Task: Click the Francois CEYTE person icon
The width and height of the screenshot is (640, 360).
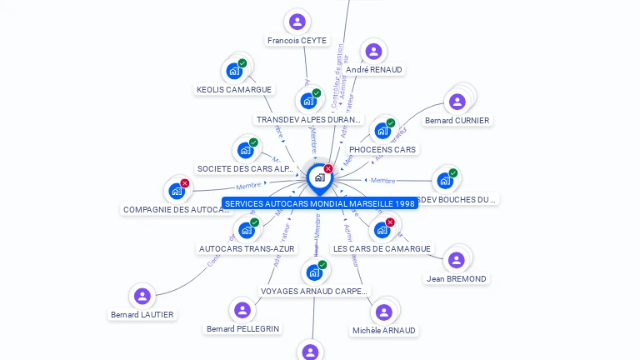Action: point(297,22)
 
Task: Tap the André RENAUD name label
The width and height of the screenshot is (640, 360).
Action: point(374,70)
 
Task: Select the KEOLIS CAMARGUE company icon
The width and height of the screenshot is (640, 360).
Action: point(234,72)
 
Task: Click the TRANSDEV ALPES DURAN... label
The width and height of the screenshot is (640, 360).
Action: point(309,120)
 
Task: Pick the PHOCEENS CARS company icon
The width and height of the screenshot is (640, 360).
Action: point(382,131)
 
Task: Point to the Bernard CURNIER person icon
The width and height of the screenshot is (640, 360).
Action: point(457,102)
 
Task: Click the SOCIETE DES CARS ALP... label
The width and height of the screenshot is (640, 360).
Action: point(245,168)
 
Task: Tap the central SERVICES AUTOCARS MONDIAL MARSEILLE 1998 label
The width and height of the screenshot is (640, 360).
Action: point(320,203)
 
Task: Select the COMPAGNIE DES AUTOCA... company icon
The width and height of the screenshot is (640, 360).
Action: point(176,192)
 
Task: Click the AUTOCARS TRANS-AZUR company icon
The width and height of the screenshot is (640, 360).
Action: point(246,230)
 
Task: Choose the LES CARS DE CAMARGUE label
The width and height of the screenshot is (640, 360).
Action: point(382,248)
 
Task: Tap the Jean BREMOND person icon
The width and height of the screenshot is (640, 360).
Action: point(456,260)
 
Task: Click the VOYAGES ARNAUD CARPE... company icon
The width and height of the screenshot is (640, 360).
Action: point(313,272)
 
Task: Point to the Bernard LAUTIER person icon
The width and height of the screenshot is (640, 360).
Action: point(142,296)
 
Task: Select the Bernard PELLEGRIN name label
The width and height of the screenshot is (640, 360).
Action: point(243,329)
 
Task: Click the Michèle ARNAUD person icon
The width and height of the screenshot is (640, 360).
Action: point(383,312)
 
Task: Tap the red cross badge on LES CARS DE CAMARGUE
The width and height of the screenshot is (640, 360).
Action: point(390,222)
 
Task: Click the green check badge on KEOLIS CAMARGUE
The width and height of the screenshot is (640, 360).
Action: point(242,63)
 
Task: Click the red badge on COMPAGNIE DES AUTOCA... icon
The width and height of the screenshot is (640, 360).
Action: point(185,183)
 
